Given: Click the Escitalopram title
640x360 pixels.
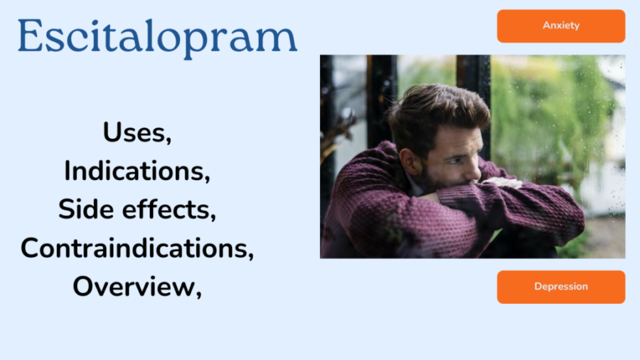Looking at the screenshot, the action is [x=158, y=38].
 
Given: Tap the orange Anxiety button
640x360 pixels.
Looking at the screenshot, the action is [x=561, y=26].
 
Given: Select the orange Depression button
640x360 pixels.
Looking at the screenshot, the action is [x=561, y=287].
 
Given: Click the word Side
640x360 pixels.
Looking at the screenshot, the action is [x=86, y=209].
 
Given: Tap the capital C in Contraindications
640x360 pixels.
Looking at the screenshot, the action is [x=30, y=248].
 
